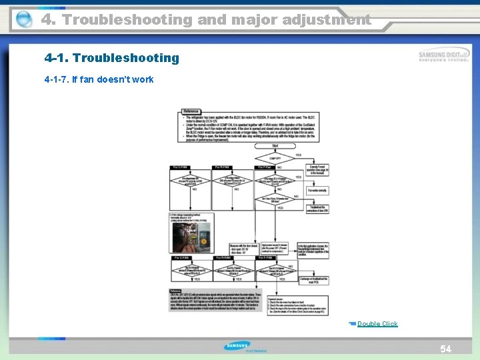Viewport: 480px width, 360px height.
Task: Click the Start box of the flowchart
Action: click(x=275, y=145)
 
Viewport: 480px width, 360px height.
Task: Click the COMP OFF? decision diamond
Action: click(x=275, y=158)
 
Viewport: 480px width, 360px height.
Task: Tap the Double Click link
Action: click(x=377, y=324)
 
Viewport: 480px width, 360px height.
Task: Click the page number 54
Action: click(x=445, y=349)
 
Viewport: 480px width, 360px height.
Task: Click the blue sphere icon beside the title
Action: click(x=23, y=19)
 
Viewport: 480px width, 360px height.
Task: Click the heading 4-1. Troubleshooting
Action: click(x=112, y=58)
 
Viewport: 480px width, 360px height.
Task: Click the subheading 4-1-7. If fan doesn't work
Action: click(x=99, y=79)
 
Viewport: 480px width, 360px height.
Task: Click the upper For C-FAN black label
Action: click(x=182, y=167)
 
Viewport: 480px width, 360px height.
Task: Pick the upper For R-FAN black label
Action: click(x=223, y=167)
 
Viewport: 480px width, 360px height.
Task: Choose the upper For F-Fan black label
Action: click(x=265, y=167)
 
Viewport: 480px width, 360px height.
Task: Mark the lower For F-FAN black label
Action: click(x=265, y=257)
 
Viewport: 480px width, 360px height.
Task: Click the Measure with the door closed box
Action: click(x=243, y=247)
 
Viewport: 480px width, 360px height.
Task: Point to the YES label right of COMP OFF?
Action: click(x=299, y=155)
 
